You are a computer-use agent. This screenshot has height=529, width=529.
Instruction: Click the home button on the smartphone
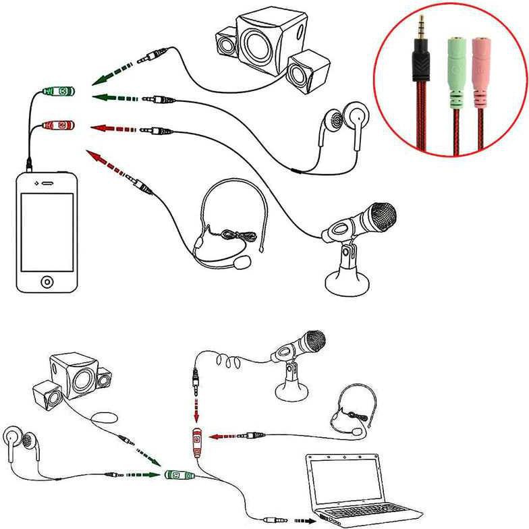coord(46,280)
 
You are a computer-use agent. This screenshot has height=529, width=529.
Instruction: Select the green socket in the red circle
coord(456,67)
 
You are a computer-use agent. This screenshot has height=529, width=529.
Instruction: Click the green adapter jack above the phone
coord(57,90)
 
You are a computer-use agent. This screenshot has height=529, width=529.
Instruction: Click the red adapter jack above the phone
coord(57,125)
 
